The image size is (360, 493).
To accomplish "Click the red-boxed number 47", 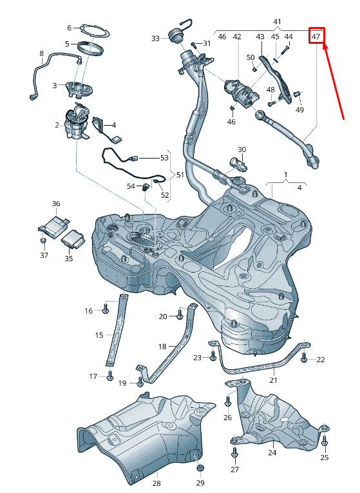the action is (x=316, y=37).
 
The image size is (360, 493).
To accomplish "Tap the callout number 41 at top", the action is (x=277, y=22).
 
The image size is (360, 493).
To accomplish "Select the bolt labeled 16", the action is (x=106, y=309).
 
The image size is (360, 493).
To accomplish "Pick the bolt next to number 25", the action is (x=325, y=441).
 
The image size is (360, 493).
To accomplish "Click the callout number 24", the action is (x=272, y=452).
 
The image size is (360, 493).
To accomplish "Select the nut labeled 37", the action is (x=44, y=240).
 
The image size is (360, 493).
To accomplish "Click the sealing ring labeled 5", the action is (x=90, y=49).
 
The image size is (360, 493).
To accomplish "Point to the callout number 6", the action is (x=70, y=28).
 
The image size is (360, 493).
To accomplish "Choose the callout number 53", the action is (x=164, y=157).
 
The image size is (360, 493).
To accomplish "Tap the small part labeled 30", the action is (x=238, y=163).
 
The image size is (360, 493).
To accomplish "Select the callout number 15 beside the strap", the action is (x=99, y=335).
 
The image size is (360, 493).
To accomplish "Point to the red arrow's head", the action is (x=325, y=46).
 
